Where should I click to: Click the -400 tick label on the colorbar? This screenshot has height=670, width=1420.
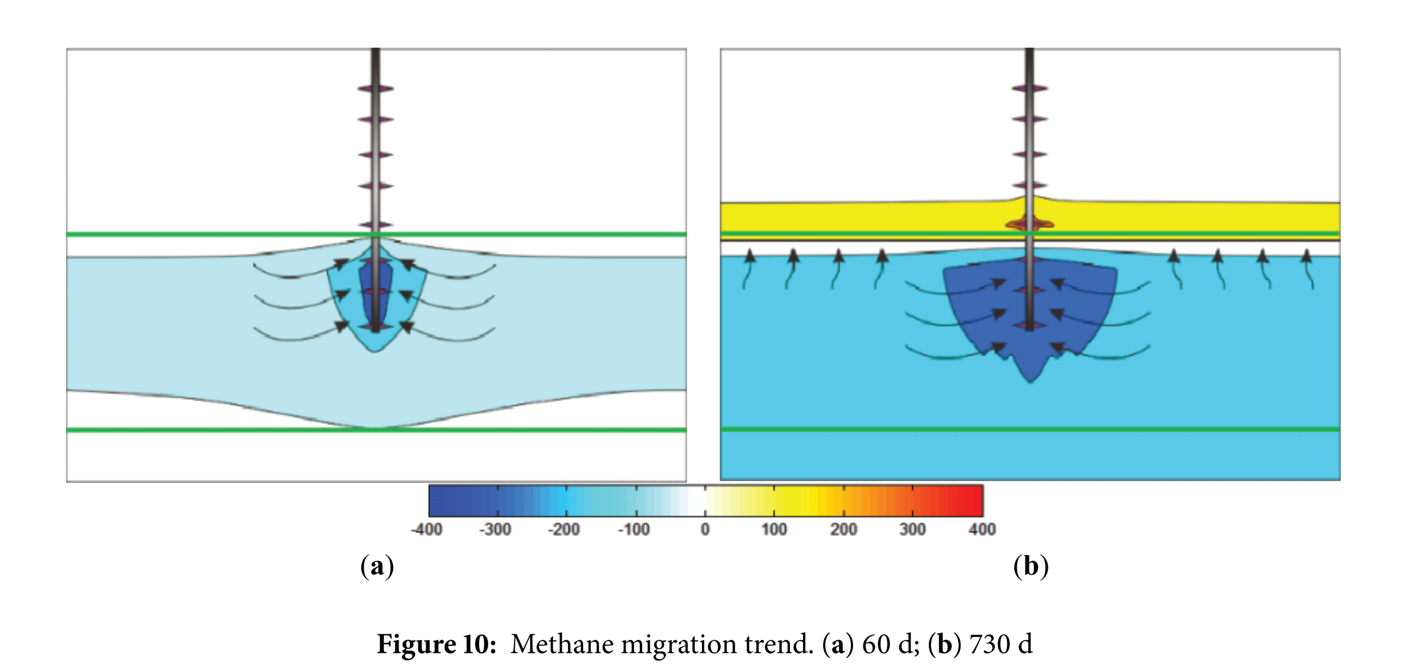[426, 529]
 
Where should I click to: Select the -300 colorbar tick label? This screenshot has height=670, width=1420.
[495, 529]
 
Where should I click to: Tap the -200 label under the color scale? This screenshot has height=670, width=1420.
[564, 529]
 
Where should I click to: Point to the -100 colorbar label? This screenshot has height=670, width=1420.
[634, 529]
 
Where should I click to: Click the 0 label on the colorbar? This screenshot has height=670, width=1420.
[705, 529]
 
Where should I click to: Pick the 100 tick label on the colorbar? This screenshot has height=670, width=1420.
[774, 529]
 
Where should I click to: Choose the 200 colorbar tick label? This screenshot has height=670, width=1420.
[843, 529]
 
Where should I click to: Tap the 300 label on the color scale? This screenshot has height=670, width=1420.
[912, 529]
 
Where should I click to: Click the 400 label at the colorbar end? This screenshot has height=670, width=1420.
[982, 529]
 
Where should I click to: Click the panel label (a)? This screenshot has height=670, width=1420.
[377, 567]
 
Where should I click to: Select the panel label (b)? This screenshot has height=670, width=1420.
[1031, 567]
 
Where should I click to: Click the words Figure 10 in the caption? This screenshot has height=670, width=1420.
[437, 644]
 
